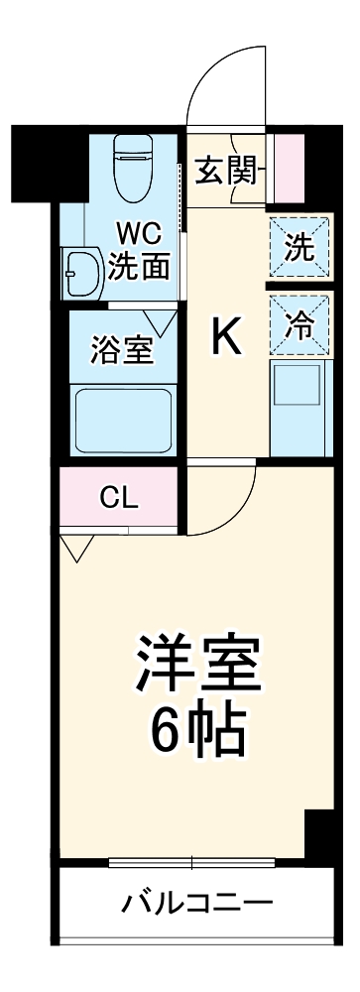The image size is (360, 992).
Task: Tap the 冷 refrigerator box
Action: (299, 323)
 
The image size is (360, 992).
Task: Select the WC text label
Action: (137, 236)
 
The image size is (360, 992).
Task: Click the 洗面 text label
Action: (137, 267)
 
